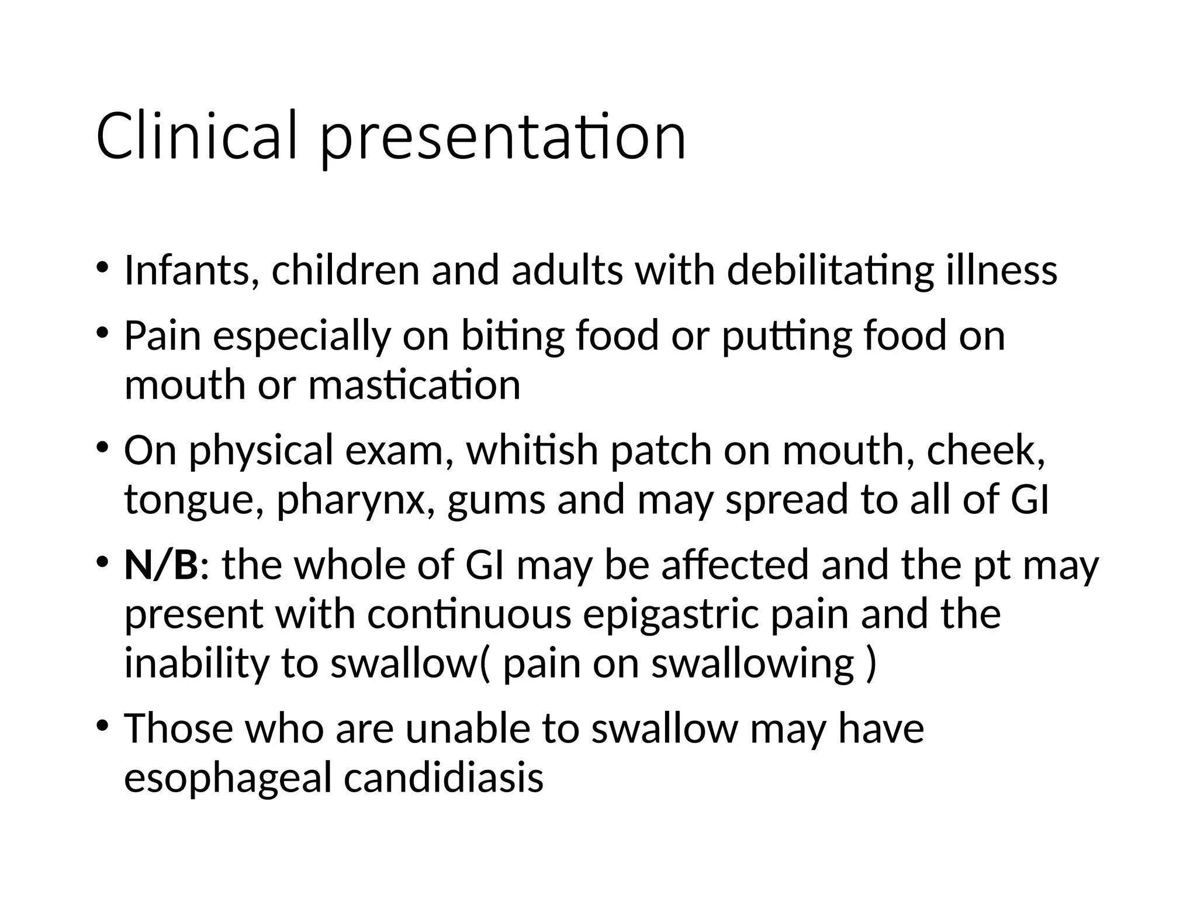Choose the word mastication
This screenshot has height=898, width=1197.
[414, 386]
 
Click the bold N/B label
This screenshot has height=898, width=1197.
[161, 565]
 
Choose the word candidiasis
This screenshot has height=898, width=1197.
[444, 778]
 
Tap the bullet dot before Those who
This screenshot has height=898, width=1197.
[103, 727]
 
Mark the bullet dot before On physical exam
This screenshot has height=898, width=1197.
[103, 448]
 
